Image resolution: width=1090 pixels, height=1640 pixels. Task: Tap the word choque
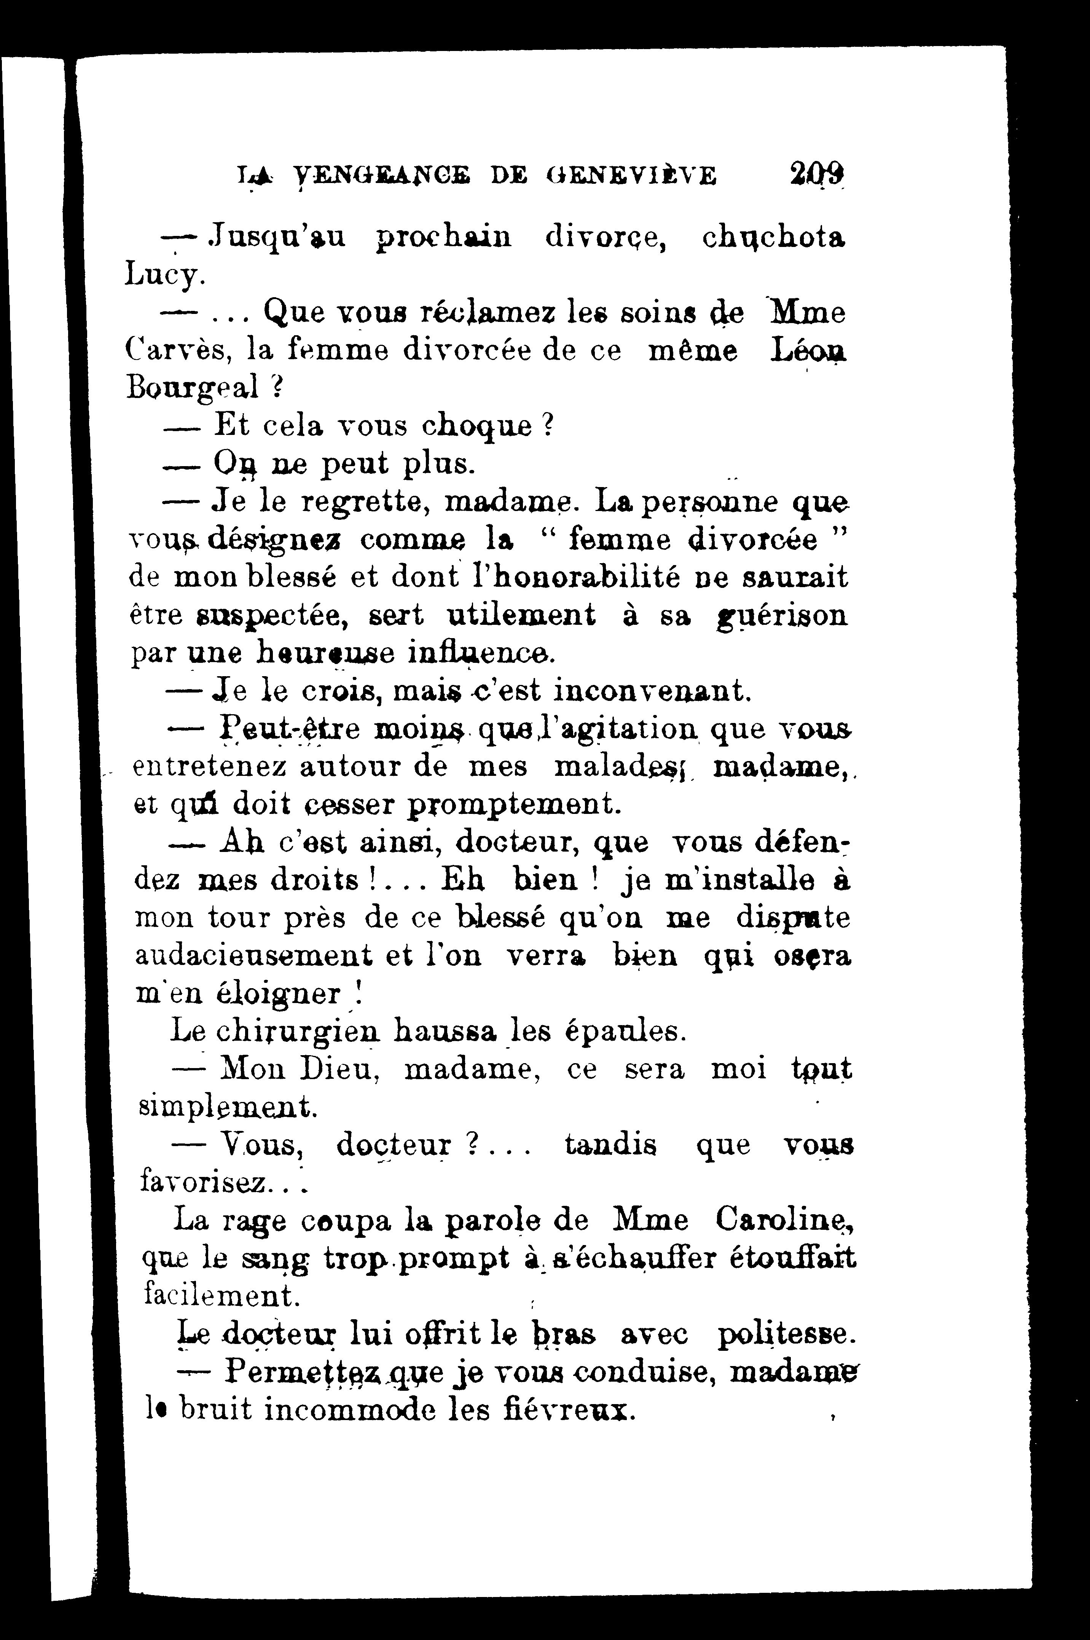pos(478,425)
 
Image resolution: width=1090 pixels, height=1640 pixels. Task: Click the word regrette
pos(363,502)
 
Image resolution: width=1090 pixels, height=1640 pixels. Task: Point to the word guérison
pos(782,615)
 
